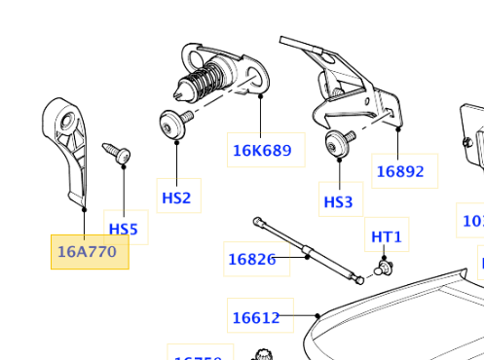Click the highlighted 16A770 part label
[89, 252]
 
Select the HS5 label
[124, 230]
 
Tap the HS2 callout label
[176, 198]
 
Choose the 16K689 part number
[261, 150]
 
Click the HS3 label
[339, 202]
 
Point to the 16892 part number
[400, 170]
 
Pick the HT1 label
[386, 236]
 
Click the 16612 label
[256, 317]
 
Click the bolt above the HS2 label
[175, 123]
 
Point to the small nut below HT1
[386, 266]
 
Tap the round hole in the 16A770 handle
[68, 122]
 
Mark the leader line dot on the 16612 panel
[318, 315]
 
